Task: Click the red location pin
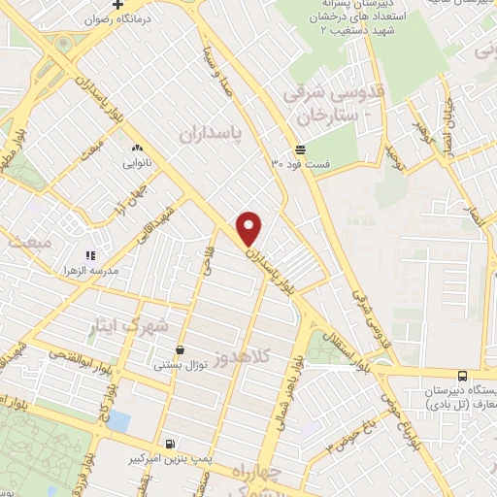249,228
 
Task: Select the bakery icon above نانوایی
137,149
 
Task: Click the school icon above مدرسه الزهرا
89,229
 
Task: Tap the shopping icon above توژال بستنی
180,349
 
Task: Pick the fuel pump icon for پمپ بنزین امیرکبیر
171,441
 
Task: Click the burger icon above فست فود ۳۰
300,149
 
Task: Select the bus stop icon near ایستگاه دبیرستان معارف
461,375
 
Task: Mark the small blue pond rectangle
118,420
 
